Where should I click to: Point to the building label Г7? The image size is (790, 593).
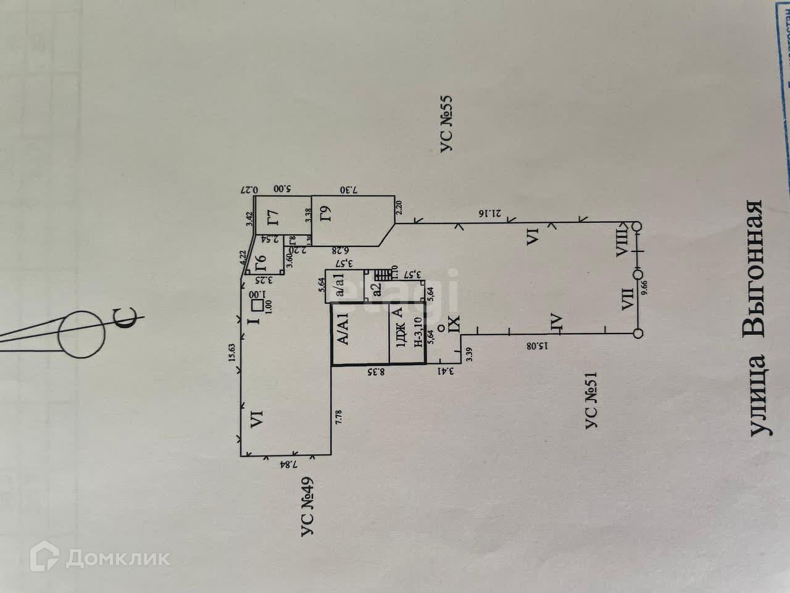pos(272,218)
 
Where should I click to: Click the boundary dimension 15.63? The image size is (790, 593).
pos(233,356)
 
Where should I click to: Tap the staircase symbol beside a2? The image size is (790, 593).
pos(383,273)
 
